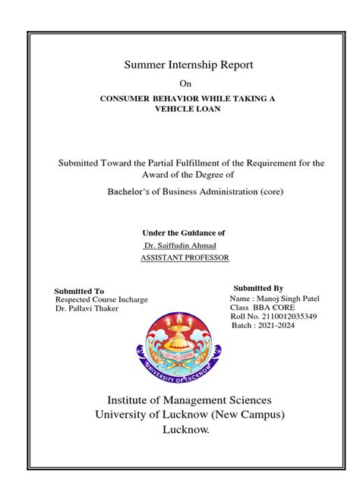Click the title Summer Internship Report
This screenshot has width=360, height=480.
pos(188,66)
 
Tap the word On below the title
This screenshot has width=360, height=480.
pos(185,84)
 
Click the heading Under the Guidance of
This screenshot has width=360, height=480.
pos(184,232)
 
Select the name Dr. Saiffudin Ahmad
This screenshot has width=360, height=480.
pos(180,245)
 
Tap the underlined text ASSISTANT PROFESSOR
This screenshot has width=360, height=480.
pos(185,258)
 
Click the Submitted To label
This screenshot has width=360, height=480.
pos(80,291)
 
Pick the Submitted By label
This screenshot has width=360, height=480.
pos(258,289)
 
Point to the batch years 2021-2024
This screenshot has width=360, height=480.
pos(276,326)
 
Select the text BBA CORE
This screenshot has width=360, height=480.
pos(273,308)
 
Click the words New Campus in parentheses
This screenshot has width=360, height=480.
pos(248,415)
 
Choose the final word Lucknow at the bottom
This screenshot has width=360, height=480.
pos(185,430)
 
